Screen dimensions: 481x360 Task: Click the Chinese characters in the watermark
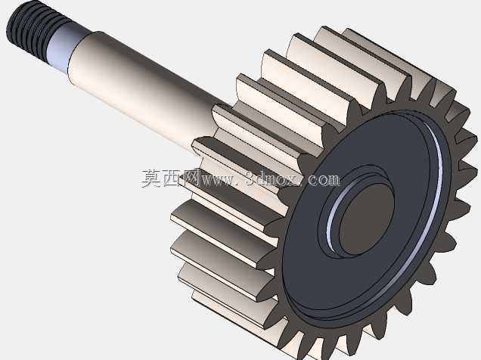pyautogui.click(x=170, y=178)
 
